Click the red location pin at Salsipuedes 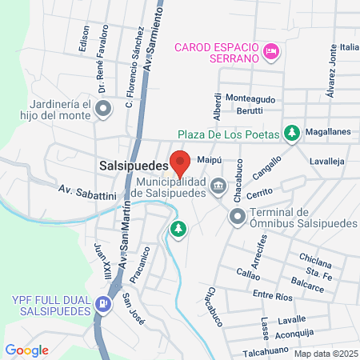coord(180,162)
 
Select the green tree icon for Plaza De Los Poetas coord(293,132)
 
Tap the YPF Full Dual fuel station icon coord(102,304)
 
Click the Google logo coord(27,350)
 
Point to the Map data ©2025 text coord(324,353)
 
